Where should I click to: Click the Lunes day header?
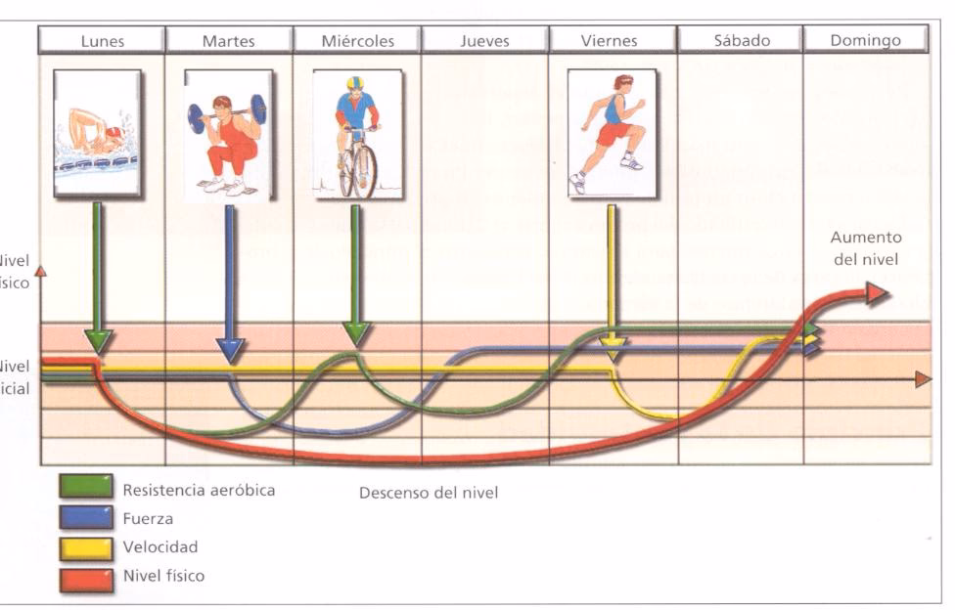(x=102, y=40)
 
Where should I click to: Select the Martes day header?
(x=228, y=40)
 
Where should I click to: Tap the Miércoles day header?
(x=357, y=40)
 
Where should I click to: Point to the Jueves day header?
(x=484, y=40)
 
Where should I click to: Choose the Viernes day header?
(x=609, y=40)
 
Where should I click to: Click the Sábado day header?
(x=742, y=40)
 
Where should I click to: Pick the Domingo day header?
(x=865, y=40)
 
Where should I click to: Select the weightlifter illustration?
(x=226, y=135)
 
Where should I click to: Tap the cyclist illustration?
(x=356, y=134)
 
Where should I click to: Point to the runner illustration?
(x=611, y=132)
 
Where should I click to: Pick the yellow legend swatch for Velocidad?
(x=86, y=547)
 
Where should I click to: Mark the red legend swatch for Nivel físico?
(x=86, y=576)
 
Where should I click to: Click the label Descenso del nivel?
(x=429, y=493)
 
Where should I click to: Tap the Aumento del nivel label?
(x=866, y=246)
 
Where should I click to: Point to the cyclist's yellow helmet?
(x=354, y=83)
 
